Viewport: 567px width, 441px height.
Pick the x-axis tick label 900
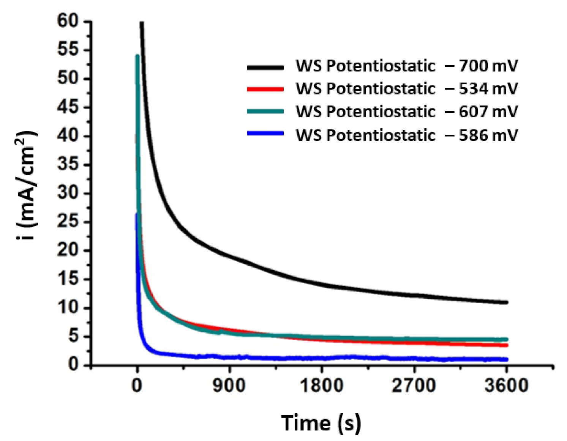point(229,386)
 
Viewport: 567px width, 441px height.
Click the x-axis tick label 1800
point(322,386)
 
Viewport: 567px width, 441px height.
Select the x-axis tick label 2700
point(414,386)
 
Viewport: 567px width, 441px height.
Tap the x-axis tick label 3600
point(506,386)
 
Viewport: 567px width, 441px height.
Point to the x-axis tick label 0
point(137,386)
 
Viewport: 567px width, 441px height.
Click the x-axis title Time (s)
point(321,423)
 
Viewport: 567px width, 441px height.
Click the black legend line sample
point(265,68)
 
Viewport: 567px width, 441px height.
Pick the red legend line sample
point(265,90)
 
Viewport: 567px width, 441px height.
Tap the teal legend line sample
point(265,112)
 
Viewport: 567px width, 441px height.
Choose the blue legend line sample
point(265,134)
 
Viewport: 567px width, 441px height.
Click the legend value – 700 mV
point(481,66)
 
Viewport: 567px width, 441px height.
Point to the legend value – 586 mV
point(481,135)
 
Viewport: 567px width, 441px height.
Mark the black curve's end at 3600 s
point(506,302)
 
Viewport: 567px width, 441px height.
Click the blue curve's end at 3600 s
point(506,359)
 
